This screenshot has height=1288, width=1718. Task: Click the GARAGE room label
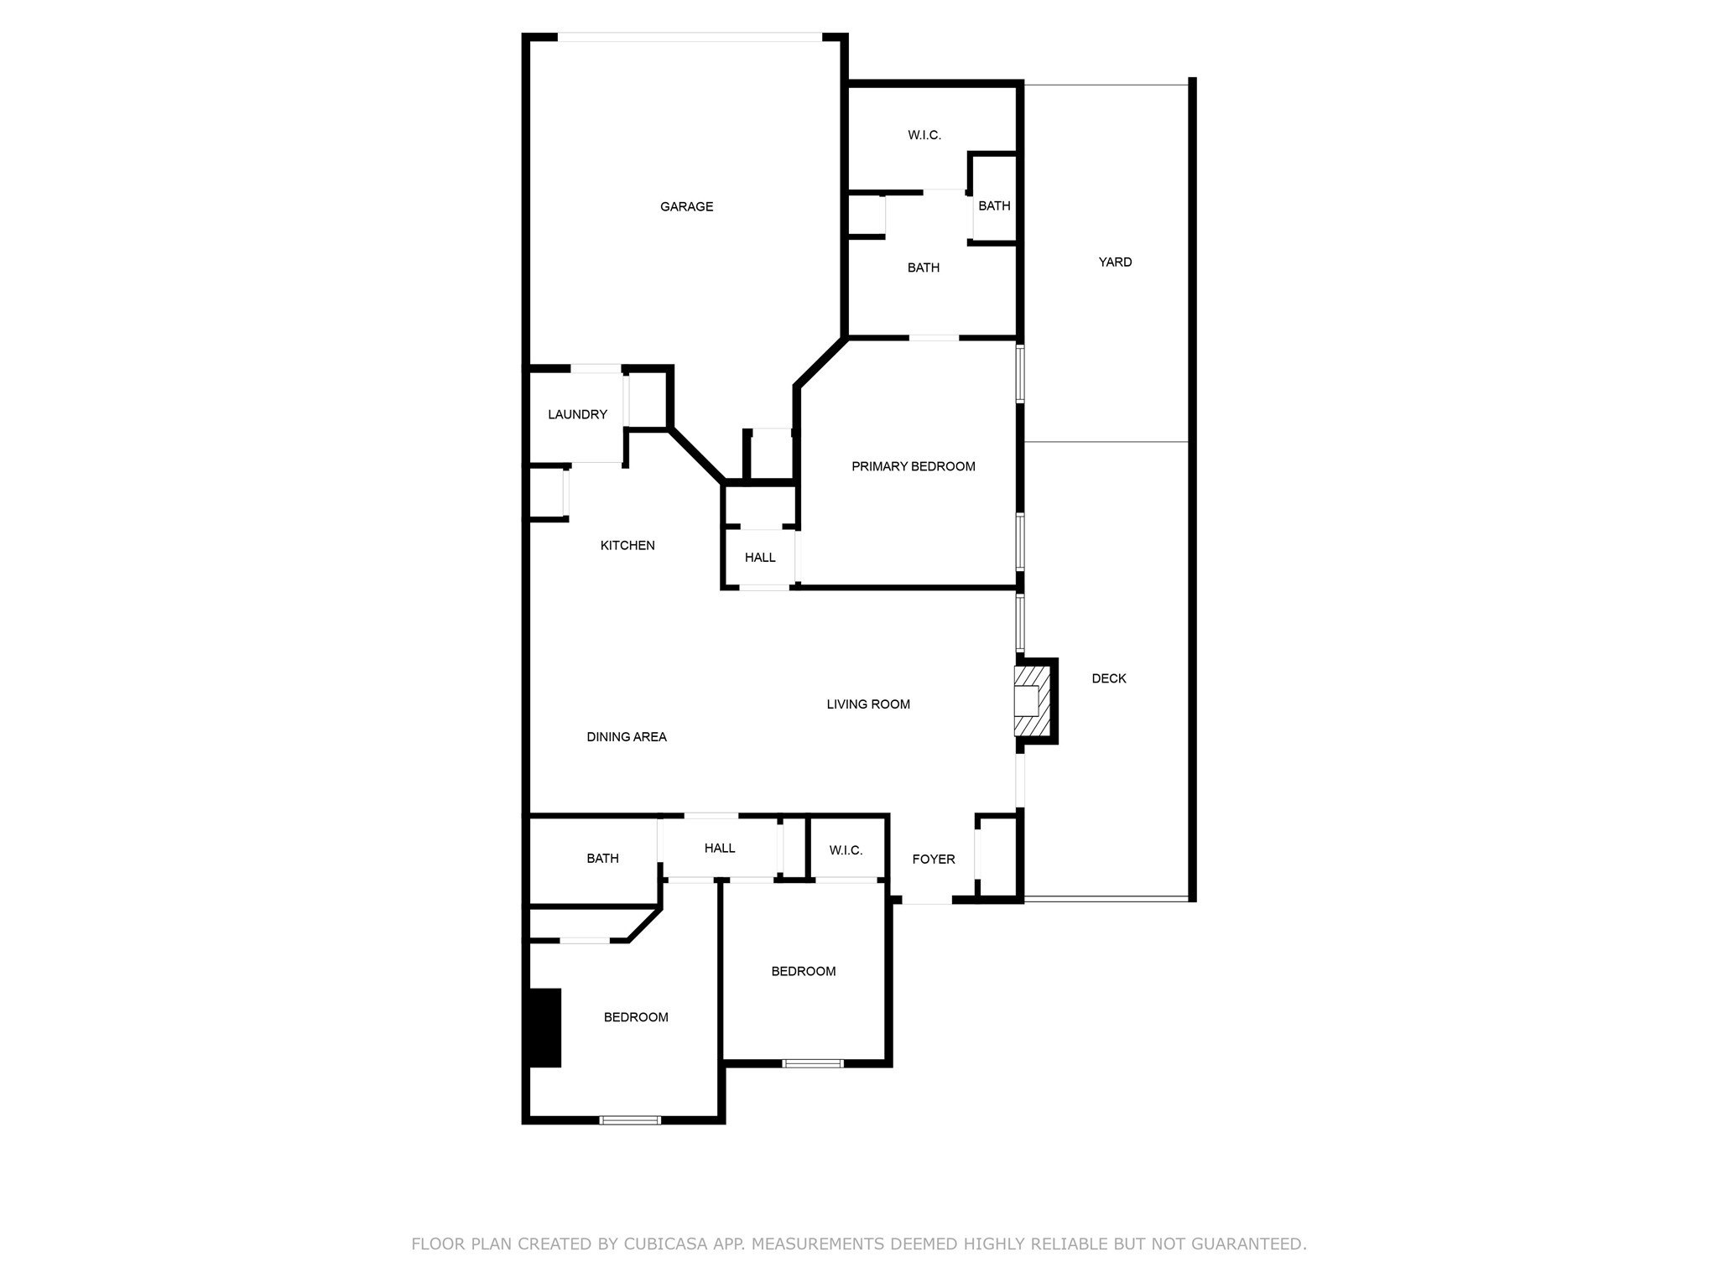[x=686, y=206]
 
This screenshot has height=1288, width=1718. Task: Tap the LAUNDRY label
[x=577, y=414]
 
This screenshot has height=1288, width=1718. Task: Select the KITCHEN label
[x=627, y=545]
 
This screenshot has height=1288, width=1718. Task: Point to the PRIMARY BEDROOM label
[x=913, y=466]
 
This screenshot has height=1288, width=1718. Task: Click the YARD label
[x=1115, y=262]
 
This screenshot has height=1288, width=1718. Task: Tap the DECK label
[x=1108, y=678]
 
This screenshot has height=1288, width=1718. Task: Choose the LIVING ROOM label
[x=868, y=704]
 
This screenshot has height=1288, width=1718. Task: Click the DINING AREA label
[x=627, y=737]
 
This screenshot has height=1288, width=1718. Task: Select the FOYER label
[x=933, y=859]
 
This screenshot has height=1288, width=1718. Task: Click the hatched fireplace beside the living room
[x=1031, y=700]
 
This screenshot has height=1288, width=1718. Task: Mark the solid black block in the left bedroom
[x=544, y=1028]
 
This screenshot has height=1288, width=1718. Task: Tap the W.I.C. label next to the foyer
[x=846, y=850]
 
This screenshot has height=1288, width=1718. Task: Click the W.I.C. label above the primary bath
[x=924, y=135]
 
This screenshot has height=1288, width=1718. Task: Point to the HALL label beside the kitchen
[x=760, y=557]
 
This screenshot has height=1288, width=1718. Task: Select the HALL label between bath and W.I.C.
[x=720, y=848]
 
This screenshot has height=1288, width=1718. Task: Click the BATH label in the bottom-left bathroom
[x=602, y=858]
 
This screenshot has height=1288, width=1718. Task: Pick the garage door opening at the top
[x=690, y=37]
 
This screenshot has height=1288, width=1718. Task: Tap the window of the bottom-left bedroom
[x=630, y=1119]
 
